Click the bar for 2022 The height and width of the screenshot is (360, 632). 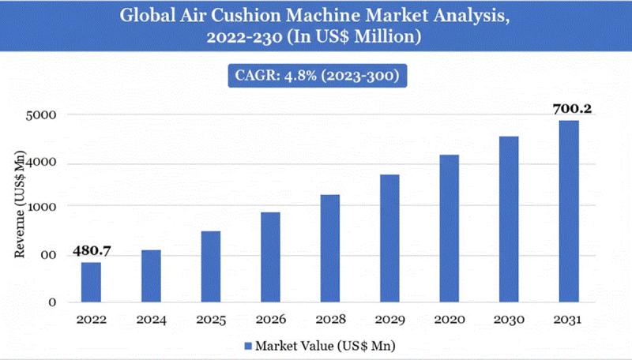(91, 282)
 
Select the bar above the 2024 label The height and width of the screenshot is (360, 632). (150, 276)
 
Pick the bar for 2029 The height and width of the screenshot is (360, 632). (389, 238)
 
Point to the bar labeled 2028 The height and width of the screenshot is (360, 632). (330, 248)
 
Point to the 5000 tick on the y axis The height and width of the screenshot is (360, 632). (43, 115)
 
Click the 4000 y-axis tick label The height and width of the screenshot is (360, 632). (43, 163)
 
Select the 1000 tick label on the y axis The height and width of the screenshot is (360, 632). (43, 206)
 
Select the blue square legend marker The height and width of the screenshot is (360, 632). (247, 346)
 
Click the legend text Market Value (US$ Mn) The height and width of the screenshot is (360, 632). (324, 346)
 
